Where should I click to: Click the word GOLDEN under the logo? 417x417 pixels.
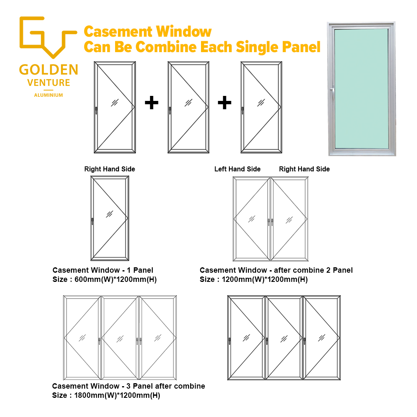click(49, 70)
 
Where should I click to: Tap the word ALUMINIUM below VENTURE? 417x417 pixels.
click(48, 95)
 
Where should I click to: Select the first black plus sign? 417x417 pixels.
click(152, 103)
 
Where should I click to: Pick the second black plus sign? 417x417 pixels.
click(224, 103)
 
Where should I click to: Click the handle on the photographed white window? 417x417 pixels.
click(332, 93)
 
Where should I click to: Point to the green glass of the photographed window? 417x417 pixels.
click(362, 88)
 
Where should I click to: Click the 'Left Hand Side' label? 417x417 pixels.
click(238, 169)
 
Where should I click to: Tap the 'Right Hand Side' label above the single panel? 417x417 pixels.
click(110, 169)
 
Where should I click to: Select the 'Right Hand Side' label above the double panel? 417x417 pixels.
click(304, 169)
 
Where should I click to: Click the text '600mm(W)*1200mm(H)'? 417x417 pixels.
click(116, 279)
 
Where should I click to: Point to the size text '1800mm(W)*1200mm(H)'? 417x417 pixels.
click(117, 395)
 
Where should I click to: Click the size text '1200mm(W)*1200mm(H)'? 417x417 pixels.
click(265, 279)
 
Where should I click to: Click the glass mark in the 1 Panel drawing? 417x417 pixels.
click(110, 214)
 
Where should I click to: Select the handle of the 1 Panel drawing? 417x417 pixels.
click(92, 221)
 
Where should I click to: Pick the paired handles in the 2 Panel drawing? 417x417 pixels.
click(271, 222)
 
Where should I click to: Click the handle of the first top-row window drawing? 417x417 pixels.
click(96, 111)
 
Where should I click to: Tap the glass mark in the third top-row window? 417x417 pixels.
click(261, 103)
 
